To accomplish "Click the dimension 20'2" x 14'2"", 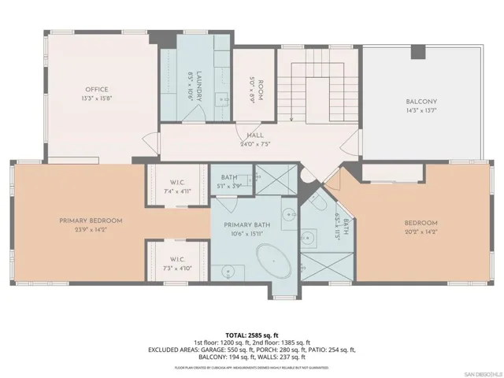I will (418, 232).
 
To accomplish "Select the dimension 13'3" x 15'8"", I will (96, 99).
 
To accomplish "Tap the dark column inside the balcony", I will (417, 52).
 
